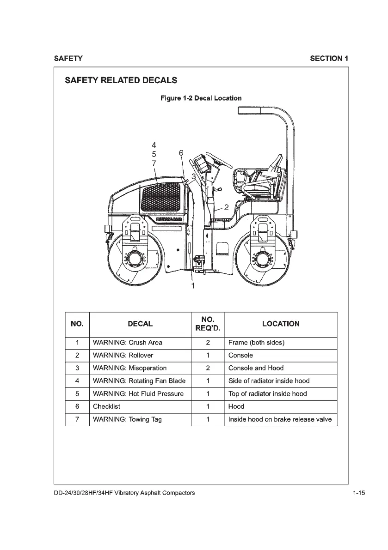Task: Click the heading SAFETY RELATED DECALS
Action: [121, 80]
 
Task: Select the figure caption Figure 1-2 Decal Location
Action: [201, 98]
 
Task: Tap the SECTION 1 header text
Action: [329, 58]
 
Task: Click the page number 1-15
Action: [358, 493]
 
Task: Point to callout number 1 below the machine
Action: [193, 286]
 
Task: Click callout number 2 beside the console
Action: [226, 207]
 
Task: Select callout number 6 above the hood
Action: [181, 152]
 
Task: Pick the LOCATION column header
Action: [280, 324]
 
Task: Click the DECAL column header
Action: [140, 324]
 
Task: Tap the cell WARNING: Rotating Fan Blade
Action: [139, 381]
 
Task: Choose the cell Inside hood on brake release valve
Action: [280, 419]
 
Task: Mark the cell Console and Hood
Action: [256, 368]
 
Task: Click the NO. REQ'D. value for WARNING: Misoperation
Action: [208, 368]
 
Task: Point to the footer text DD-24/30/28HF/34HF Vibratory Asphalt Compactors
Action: [124, 493]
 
